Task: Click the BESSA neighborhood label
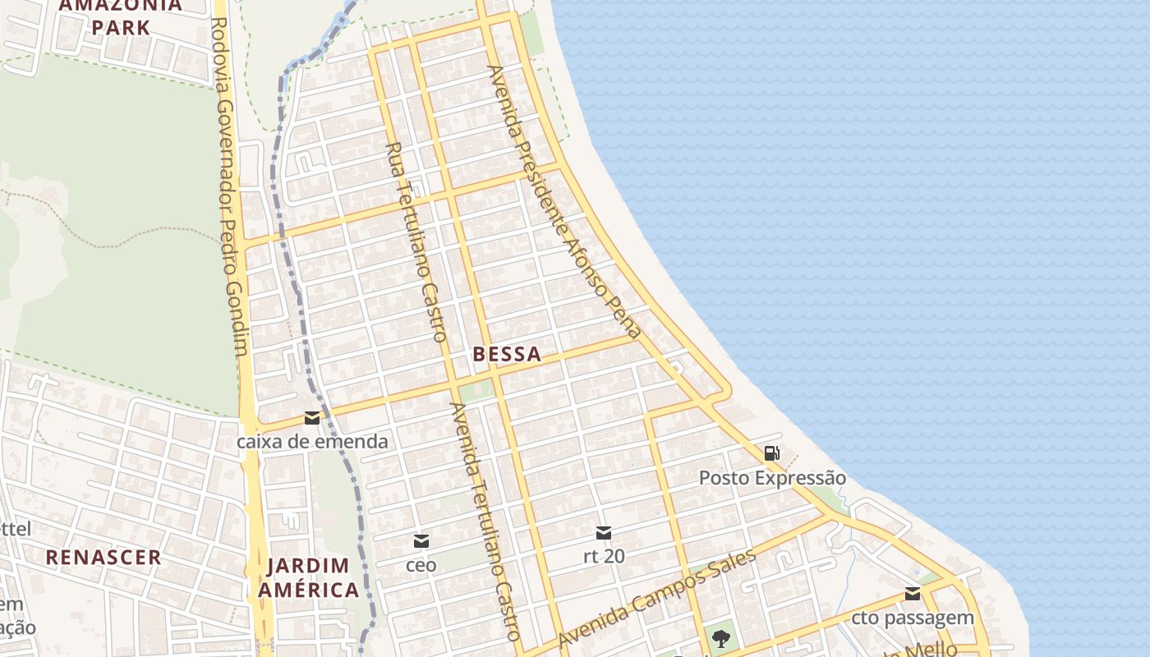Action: tap(507, 354)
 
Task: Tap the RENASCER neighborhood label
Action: tap(103, 557)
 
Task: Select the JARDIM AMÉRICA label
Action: tap(308, 577)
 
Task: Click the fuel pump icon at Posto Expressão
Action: tap(771, 453)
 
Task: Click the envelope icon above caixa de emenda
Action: tap(312, 418)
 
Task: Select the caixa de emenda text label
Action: tap(312, 442)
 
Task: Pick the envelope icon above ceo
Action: tap(421, 541)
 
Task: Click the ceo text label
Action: tap(421, 565)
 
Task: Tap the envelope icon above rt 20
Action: tap(604, 533)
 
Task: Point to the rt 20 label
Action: tap(604, 557)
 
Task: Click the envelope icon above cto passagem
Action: tap(913, 594)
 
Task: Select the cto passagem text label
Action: tap(913, 618)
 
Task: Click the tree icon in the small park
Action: tap(721, 637)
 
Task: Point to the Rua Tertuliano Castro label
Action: tap(416, 241)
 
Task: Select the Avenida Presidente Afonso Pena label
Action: tap(563, 202)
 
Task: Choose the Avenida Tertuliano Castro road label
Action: tap(485, 521)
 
